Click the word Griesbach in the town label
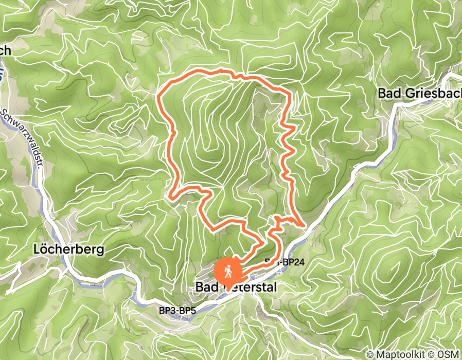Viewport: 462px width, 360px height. (430, 94)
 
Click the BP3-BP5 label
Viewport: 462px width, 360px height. (177, 311)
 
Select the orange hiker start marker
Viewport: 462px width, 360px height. (227, 270)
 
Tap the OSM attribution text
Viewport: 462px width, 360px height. (448, 354)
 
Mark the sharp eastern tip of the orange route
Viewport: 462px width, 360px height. (306, 225)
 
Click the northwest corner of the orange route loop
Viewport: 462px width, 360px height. (157, 95)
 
